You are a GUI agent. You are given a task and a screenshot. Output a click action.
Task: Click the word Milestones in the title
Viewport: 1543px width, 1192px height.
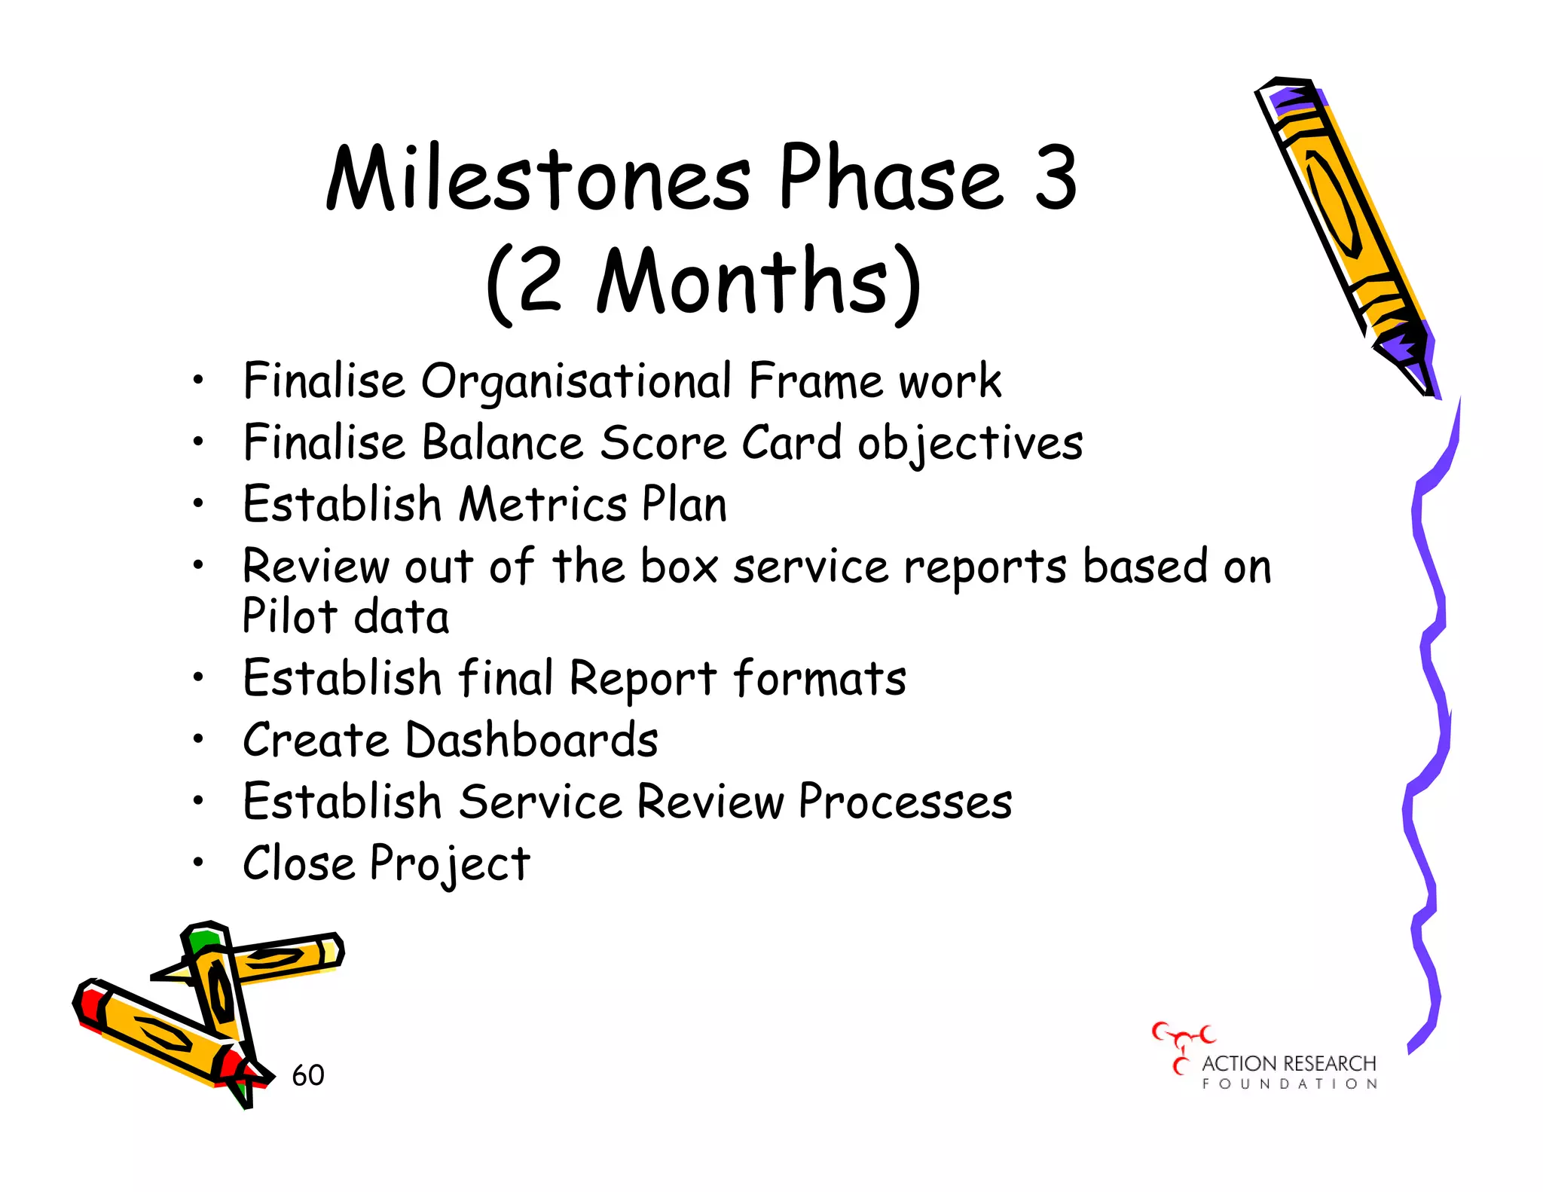click(x=538, y=179)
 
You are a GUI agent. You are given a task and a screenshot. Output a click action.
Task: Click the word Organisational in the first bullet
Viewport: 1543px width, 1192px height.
click(x=576, y=382)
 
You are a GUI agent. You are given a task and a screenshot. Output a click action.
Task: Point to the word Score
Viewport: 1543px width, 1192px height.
click(x=663, y=443)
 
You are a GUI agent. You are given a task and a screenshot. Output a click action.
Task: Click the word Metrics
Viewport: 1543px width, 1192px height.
click(x=543, y=504)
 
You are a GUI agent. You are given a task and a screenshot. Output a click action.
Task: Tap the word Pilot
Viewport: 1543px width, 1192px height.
click(x=289, y=616)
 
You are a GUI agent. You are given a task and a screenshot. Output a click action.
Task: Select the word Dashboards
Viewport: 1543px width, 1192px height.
click(x=532, y=740)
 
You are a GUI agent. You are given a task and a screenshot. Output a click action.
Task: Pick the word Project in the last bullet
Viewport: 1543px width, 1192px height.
click(x=450, y=863)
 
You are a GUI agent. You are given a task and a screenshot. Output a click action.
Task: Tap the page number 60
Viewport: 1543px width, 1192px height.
click(x=308, y=1075)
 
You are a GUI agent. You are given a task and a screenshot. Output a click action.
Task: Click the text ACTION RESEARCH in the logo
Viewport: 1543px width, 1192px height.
click(x=1288, y=1063)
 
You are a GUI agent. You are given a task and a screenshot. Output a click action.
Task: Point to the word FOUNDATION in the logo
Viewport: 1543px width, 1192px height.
click(x=1289, y=1084)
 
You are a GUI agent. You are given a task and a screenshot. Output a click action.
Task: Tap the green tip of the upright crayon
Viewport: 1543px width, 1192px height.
click(x=204, y=940)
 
